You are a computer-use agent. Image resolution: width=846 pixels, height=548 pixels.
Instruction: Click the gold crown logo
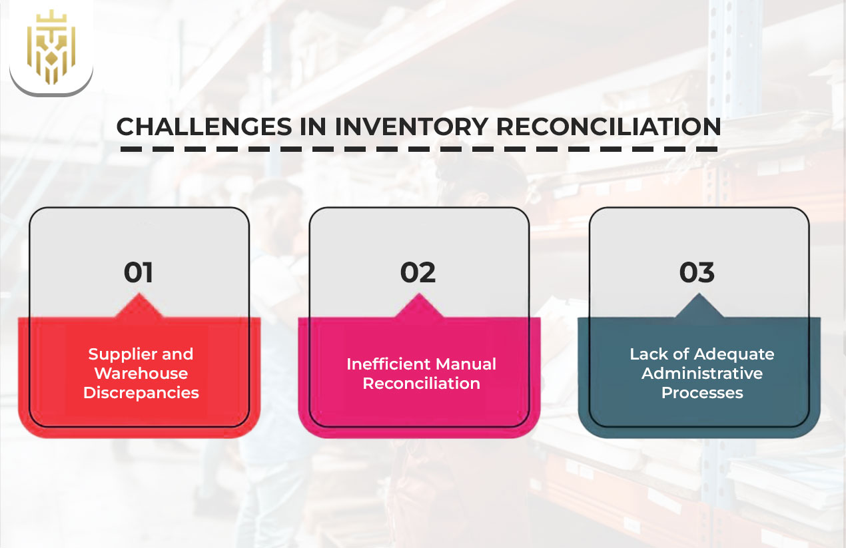coord(51,47)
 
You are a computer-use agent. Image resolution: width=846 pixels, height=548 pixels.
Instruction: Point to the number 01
coord(139,272)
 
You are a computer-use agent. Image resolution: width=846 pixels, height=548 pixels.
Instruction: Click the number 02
coord(418,272)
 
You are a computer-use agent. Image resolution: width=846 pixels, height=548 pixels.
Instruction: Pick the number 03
coord(697,272)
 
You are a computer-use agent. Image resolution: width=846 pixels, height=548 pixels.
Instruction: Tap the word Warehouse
coord(141,373)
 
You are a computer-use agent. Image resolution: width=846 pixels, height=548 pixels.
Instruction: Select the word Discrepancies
coord(141,392)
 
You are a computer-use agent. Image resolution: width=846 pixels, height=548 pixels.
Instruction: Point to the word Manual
coord(468,364)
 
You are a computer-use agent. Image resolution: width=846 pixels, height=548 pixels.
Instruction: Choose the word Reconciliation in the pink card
coord(421,384)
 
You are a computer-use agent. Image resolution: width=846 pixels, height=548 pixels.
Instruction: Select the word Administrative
coord(702,373)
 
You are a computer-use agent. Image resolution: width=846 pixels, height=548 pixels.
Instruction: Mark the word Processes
coord(702,392)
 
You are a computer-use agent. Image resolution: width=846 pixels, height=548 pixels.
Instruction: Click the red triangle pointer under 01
coord(141,308)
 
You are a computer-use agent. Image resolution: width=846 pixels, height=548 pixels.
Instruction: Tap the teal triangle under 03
coord(699,308)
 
